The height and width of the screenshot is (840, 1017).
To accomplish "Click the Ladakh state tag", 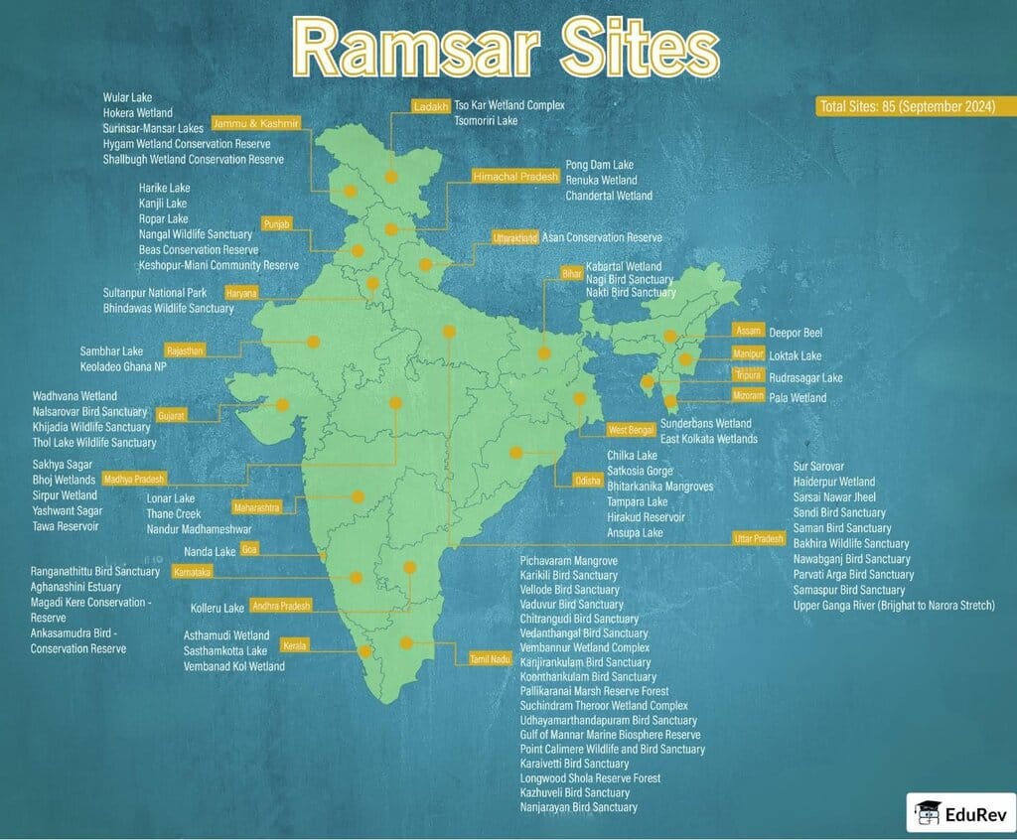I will (432, 106).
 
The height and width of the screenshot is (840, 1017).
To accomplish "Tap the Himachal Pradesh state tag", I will (515, 176).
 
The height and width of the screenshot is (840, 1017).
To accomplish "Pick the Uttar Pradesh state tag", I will (759, 537).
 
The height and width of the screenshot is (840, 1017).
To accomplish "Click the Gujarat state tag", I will (172, 412).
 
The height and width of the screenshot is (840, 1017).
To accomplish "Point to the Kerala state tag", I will (295, 645).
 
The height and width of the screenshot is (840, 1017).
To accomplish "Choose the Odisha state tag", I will (588, 480).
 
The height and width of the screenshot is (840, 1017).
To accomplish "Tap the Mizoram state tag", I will (749, 395).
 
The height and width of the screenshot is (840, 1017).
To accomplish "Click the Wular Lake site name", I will (127, 97).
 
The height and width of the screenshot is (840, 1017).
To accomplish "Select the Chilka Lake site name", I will (633, 456).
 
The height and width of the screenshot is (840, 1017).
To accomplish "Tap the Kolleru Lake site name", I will (218, 608).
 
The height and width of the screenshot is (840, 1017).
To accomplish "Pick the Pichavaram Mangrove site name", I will (569, 561).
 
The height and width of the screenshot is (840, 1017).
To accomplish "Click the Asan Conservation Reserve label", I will (602, 238).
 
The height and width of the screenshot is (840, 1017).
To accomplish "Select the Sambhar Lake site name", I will (111, 351).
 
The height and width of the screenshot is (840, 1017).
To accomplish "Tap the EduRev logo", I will (958, 811).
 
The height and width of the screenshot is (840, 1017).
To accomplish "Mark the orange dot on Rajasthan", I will (313, 342).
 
